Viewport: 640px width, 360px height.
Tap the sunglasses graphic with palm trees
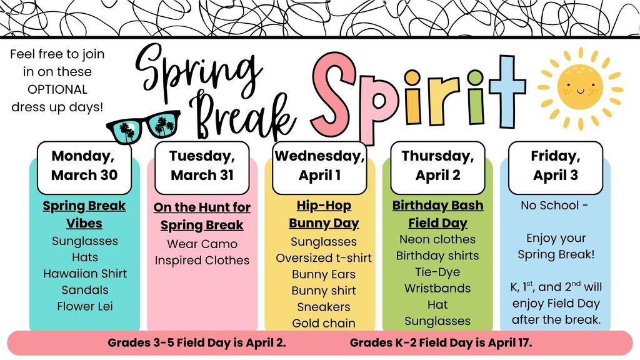point(143,127)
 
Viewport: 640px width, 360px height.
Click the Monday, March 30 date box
point(84,167)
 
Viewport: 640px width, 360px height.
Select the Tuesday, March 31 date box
point(202,167)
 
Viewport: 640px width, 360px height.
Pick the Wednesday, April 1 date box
point(319,167)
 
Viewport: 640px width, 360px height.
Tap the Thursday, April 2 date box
point(437,167)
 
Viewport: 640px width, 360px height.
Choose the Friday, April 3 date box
point(556,167)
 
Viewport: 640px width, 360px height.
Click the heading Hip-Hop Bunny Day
point(324,215)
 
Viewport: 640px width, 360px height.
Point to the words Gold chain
point(324,323)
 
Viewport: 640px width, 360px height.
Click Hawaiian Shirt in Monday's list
point(85,274)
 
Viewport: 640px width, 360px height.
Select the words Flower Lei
point(85,306)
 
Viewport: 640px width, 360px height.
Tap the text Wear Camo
point(202,244)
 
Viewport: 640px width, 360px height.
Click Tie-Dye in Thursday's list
point(437,272)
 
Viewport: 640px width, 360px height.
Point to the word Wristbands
point(437,288)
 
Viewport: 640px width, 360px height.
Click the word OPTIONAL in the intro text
point(57,89)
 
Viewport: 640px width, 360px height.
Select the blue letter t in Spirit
point(507,91)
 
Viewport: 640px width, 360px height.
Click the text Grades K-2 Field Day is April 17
point(441,343)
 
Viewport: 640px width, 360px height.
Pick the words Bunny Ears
point(324,274)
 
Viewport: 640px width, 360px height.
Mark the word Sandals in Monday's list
point(85,290)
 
